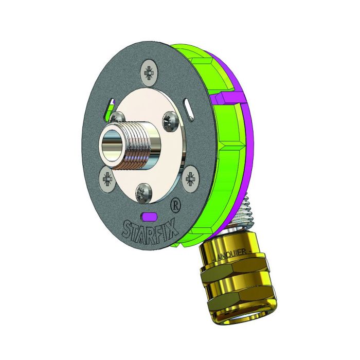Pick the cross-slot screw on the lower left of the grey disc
coord(108,178)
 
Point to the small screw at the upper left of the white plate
coord(118,116)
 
